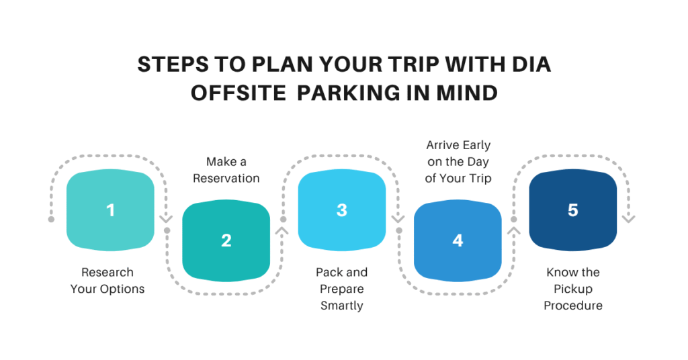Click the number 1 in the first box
110,210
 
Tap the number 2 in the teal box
226,240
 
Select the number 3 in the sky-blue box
341,210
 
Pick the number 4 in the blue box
458,240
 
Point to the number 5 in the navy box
572,210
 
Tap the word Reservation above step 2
226,178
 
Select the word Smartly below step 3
341,306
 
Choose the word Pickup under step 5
572,289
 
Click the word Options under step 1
122,289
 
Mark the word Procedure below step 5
572,306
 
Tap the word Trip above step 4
479,178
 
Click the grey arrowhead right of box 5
629,218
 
